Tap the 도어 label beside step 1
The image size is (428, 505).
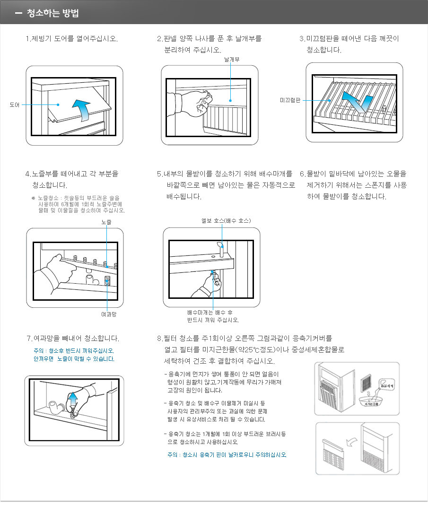pos(15,104)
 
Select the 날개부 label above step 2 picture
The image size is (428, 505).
pos(231,60)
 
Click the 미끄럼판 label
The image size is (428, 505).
pos(290,100)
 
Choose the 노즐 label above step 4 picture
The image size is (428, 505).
pos(106,221)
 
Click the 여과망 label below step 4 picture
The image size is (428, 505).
pos(109,313)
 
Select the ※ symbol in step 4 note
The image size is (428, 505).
pos(33,198)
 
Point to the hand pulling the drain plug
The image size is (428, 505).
pos(210,285)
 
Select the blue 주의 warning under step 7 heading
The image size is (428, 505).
pos(74,355)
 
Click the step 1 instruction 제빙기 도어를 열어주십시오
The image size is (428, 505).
pos(72,38)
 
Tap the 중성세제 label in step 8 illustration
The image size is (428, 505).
pos(387,386)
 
